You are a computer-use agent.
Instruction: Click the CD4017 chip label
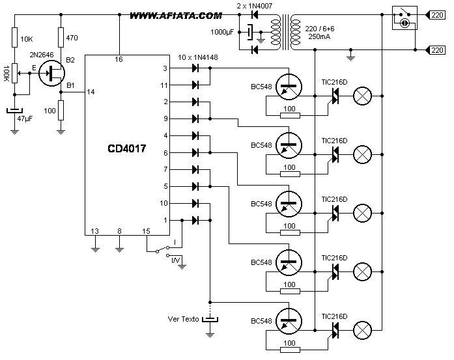(127, 148)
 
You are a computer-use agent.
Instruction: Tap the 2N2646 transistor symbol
(51, 73)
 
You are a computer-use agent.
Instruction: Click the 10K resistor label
(27, 39)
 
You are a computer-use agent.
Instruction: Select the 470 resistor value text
(72, 38)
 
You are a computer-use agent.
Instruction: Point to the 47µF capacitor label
(25, 118)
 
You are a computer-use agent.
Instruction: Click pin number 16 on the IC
(119, 59)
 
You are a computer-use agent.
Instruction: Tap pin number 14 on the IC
(91, 92)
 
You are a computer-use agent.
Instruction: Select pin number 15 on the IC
(146, 231)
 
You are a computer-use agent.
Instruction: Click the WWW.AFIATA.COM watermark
(176, 16)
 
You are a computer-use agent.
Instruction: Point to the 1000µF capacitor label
(222, 32)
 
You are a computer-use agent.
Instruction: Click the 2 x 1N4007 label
(255, 6)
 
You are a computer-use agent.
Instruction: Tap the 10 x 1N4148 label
(198, 57)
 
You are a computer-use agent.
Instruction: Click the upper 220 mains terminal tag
(436, 15)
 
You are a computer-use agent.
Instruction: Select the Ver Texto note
(183, 319)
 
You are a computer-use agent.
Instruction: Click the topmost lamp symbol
(362, 96)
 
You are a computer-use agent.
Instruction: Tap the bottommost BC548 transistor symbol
(289, 321)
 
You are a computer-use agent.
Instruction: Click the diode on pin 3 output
(195, 68)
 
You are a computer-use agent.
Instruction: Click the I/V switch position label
(175, 260)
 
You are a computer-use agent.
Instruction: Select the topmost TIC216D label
(334, 82)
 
